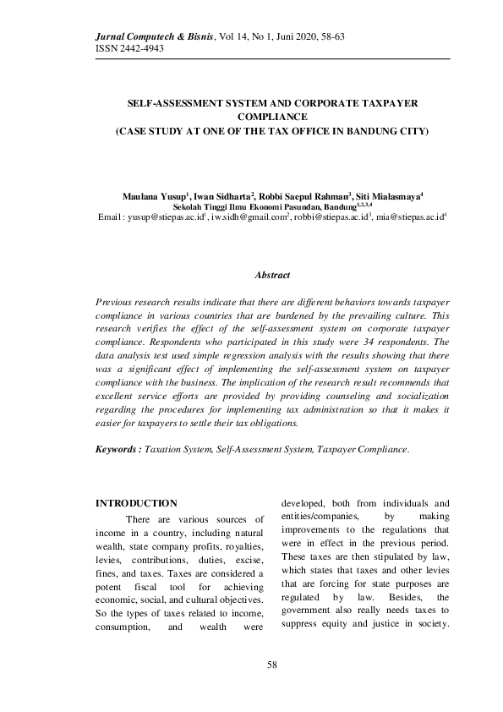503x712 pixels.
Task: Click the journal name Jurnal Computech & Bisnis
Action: click(151, 37)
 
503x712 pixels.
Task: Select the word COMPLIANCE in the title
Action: click(272, 118)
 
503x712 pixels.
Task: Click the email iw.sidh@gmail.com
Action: click(249, 217)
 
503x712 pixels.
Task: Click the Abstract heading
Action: click(272, 276)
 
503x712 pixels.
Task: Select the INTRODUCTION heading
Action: click(137, 504)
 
